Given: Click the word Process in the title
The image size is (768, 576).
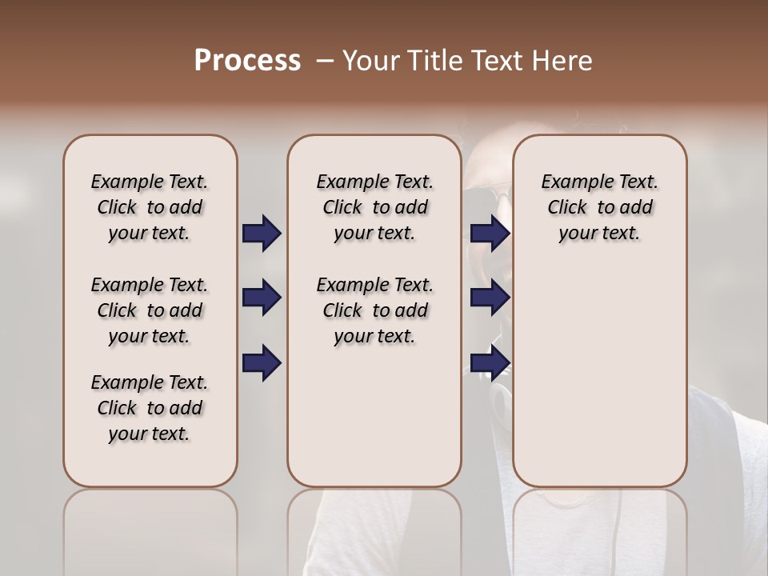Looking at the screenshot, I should [247, 60].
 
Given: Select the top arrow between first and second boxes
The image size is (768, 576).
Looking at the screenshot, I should [262, 233].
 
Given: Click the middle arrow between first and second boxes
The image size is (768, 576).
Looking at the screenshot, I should [262, 298].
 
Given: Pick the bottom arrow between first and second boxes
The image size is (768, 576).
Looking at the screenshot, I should [262, 362].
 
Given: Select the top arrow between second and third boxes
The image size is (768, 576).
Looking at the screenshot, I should [490, 233].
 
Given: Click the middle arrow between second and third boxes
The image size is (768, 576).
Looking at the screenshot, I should [490, 298].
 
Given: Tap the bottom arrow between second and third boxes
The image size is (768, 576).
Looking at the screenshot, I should [490, 362].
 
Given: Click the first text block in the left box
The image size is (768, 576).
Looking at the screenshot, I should [150, 207].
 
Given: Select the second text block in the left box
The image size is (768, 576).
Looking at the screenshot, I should [150, 310].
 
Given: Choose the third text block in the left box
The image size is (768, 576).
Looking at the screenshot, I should [150, 408].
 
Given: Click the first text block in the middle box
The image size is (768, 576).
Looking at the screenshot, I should [374, 207].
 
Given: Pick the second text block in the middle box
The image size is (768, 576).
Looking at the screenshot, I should [374, 310].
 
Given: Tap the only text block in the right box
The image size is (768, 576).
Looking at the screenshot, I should [599, 207].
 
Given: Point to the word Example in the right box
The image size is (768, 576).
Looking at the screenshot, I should [572, 182].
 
